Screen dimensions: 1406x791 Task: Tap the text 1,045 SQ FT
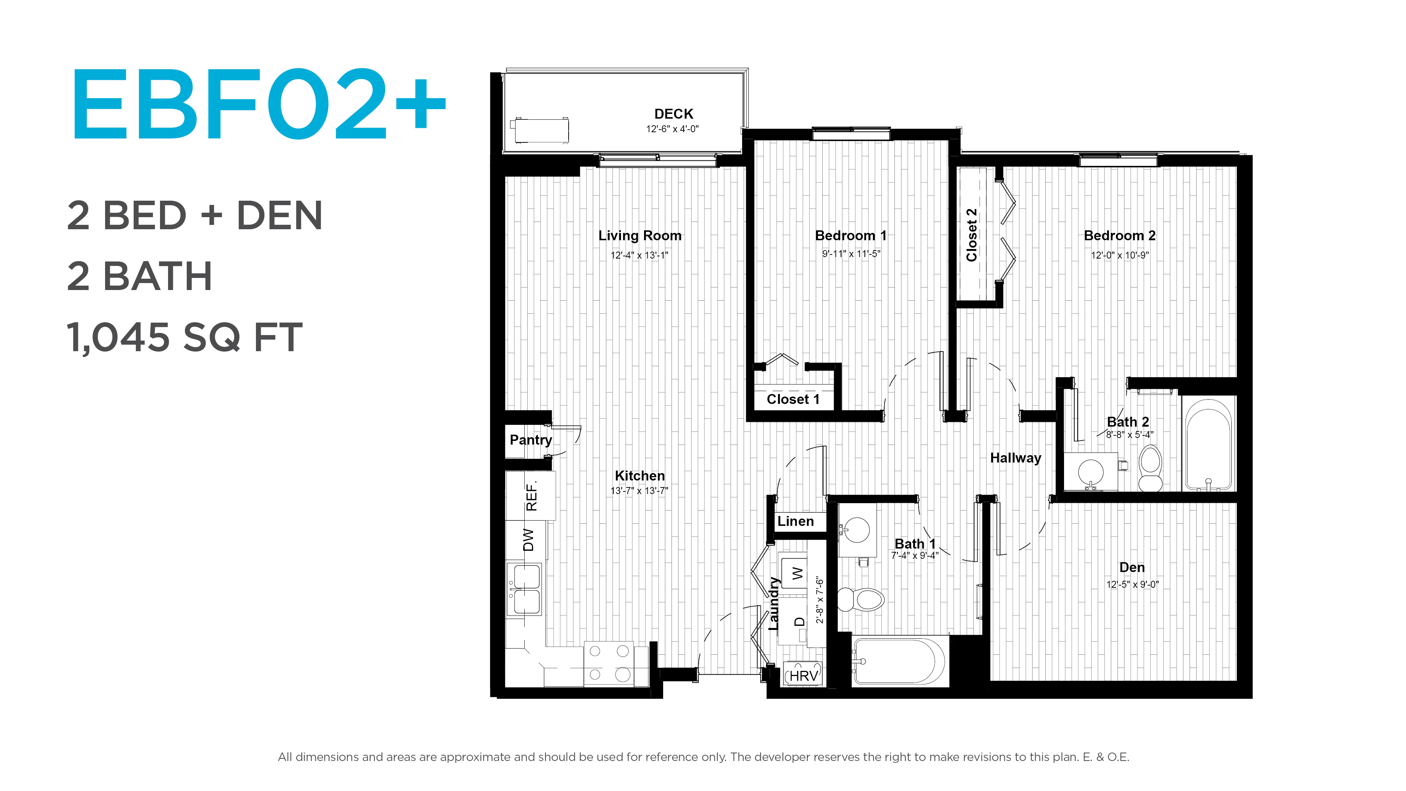[185, 337]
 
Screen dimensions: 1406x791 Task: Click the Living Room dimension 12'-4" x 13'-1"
[639, 255]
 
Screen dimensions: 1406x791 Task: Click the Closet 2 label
[971, 235]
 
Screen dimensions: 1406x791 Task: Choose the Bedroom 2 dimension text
[1119, 255]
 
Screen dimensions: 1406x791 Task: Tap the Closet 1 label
[793, 399]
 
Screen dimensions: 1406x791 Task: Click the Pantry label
[531, 439]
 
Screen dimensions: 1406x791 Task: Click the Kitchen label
[640, 475]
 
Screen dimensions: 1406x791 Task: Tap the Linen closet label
[795, 521]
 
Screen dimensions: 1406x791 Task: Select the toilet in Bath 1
[861, 599]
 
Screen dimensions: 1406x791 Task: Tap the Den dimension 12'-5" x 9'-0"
[1132, 584]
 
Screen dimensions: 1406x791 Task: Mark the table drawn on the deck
[540, 130]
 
